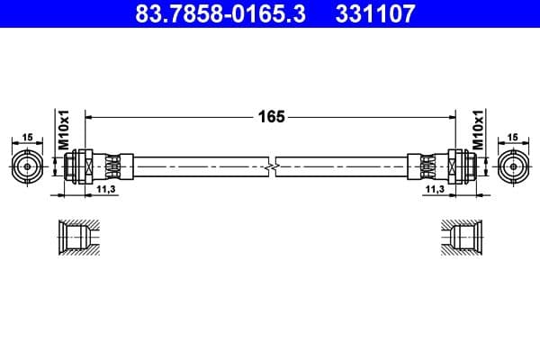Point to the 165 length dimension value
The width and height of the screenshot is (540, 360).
(271, 116)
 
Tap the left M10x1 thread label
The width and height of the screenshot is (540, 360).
(64, 131)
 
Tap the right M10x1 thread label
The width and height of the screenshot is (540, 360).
(478, 131)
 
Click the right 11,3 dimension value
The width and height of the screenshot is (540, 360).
(435, 190)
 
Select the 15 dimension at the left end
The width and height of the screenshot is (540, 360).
(27, 137)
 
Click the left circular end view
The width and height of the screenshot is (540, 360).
(27, 166)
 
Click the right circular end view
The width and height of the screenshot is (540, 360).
(513, 166)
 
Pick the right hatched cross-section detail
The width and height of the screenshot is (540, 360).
(462, 238)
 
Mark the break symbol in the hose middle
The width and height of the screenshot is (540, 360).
(271, 166)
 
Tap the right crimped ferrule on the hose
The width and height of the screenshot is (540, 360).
(427, 166)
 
